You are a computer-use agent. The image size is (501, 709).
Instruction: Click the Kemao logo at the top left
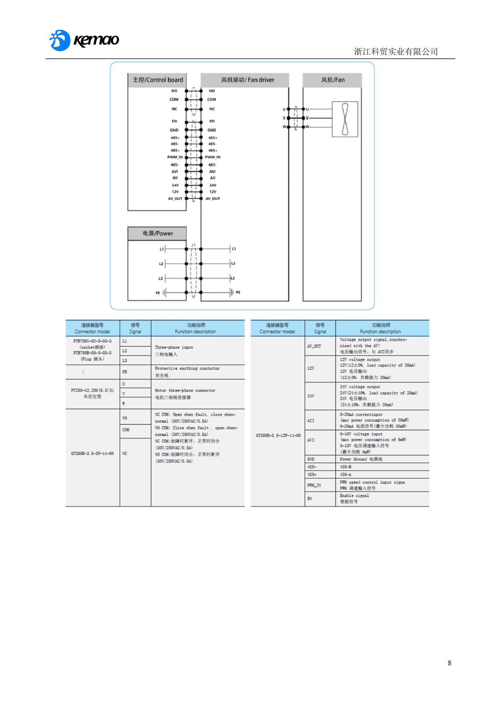pos(84,40)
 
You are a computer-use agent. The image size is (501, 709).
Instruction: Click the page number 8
pos(449,663)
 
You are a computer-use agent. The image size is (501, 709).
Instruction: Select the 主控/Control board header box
pos(158,80)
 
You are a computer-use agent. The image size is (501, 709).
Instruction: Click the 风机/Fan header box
pos(333,80)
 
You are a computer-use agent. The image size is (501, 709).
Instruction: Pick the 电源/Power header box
pos(157,234)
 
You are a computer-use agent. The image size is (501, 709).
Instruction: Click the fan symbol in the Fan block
pos(345,119)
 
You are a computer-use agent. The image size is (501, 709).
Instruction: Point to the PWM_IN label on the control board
pos(175,157)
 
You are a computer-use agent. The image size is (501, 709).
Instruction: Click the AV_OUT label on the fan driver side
pos(213,199)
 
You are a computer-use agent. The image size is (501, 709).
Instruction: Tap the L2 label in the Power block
pos(161,264)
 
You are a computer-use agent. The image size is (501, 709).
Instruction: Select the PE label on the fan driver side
pos(238,292)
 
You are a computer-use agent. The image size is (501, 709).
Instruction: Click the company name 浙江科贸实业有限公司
pos(396,52)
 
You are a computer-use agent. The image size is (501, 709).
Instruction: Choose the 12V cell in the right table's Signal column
pos(311,368)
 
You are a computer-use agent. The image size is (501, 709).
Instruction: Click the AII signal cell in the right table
pos(310,421)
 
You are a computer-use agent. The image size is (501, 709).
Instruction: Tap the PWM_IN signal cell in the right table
pos(314,485)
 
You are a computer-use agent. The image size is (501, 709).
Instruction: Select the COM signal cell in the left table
pos(126,430)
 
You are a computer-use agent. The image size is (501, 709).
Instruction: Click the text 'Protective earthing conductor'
pos(187,368)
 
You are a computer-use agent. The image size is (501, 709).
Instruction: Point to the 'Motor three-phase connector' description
pos(185,391)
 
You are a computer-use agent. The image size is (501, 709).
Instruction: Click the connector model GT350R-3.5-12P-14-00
pos(278,435)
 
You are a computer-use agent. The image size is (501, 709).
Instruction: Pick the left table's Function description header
pos(195,328)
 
